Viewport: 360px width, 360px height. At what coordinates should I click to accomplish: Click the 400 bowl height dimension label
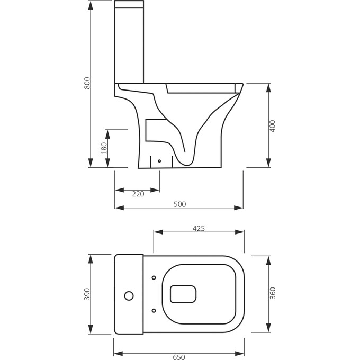[273, 125]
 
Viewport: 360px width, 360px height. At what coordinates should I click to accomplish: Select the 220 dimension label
[138, 194]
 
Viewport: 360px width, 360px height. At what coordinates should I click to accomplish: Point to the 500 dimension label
[179, 204]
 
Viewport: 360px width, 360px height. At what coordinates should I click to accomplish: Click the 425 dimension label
[199, 228]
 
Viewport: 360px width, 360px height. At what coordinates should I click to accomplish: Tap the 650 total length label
[179, 357]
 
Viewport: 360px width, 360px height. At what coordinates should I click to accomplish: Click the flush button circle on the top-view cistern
[128, 294]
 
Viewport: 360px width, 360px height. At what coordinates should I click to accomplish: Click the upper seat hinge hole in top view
[154, 277]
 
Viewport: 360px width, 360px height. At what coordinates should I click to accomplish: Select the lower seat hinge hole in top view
[154, 311]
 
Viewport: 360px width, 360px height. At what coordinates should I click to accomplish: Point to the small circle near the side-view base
[160, 160]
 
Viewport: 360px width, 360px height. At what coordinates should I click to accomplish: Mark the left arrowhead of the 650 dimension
[118, 353]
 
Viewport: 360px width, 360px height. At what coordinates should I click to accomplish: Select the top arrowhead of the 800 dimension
[91, 4]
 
